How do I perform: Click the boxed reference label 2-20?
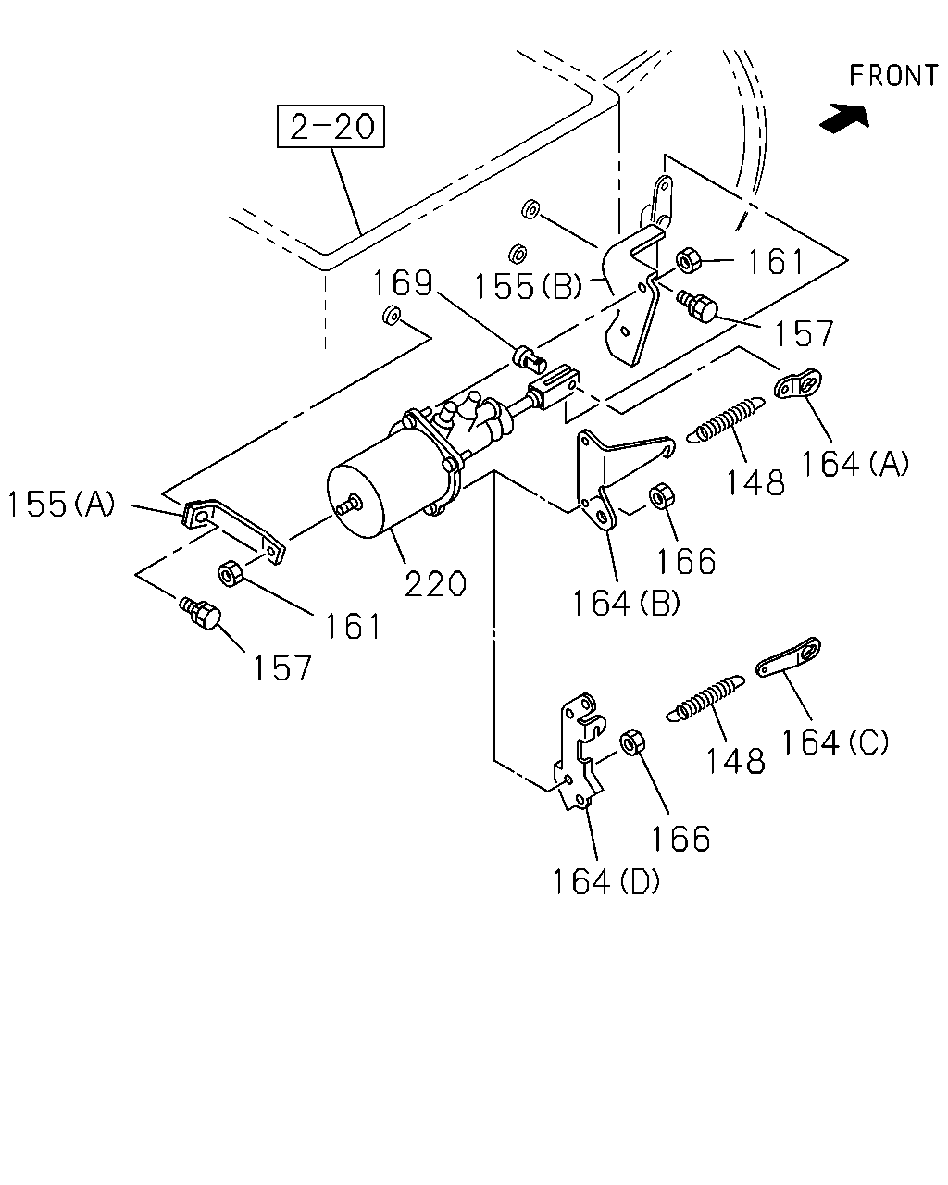(331, 126)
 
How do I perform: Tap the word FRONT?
(893, 75)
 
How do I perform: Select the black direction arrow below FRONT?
(844, 118)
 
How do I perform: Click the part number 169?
(403, 283)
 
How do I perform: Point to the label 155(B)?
(528, 286)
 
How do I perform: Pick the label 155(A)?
(61, 504)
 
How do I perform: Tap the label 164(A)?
(854, 464)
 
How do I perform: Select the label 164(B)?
(627, 603)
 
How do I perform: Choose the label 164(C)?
(835, 742)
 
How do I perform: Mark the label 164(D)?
(605, 881)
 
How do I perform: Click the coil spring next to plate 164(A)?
(726, 419)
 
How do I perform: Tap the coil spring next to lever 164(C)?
(705, 698)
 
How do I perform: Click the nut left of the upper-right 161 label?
(689, 260)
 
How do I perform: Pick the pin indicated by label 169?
(530, 358)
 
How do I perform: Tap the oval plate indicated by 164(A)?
(798, 383)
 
